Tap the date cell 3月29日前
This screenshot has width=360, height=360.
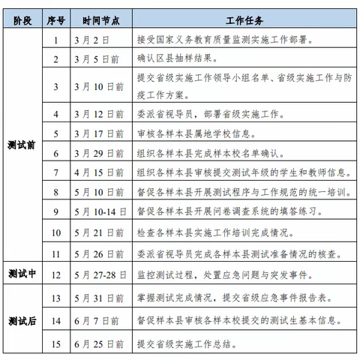click(97, 153)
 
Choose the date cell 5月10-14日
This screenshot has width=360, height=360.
click(100, 212)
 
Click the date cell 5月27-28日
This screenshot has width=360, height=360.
click(100, 274)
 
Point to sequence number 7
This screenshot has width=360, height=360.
click(55, 172)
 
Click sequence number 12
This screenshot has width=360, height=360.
click(55, 274)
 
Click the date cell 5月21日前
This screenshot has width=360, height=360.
click(97, 232)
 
